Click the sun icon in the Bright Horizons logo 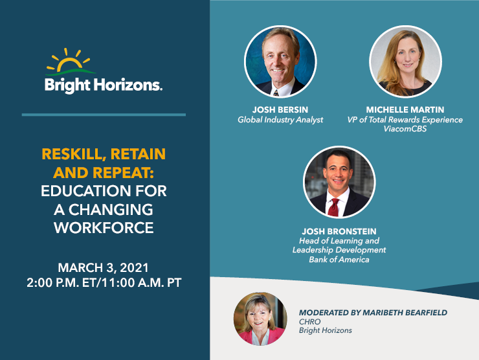point(70,61)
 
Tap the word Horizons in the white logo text point(128,85)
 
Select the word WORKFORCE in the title point(104,228)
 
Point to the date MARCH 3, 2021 point(104,267)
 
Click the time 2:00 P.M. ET point(61,283)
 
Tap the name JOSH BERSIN point(280,109)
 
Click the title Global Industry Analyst point(280,120)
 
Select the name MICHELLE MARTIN point(405,109)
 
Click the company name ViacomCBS point(405,129)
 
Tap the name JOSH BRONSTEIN point(339,231)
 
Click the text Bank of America point(339,260)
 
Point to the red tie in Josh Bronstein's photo point(334,207)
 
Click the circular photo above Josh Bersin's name point(280,62)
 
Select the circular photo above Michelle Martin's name point(405,62)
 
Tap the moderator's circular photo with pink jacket point(260,319)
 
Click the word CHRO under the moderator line point(310,322)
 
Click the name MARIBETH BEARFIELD point(405,313)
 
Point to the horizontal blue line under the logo point(104,115)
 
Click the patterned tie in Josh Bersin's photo point(276,93)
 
